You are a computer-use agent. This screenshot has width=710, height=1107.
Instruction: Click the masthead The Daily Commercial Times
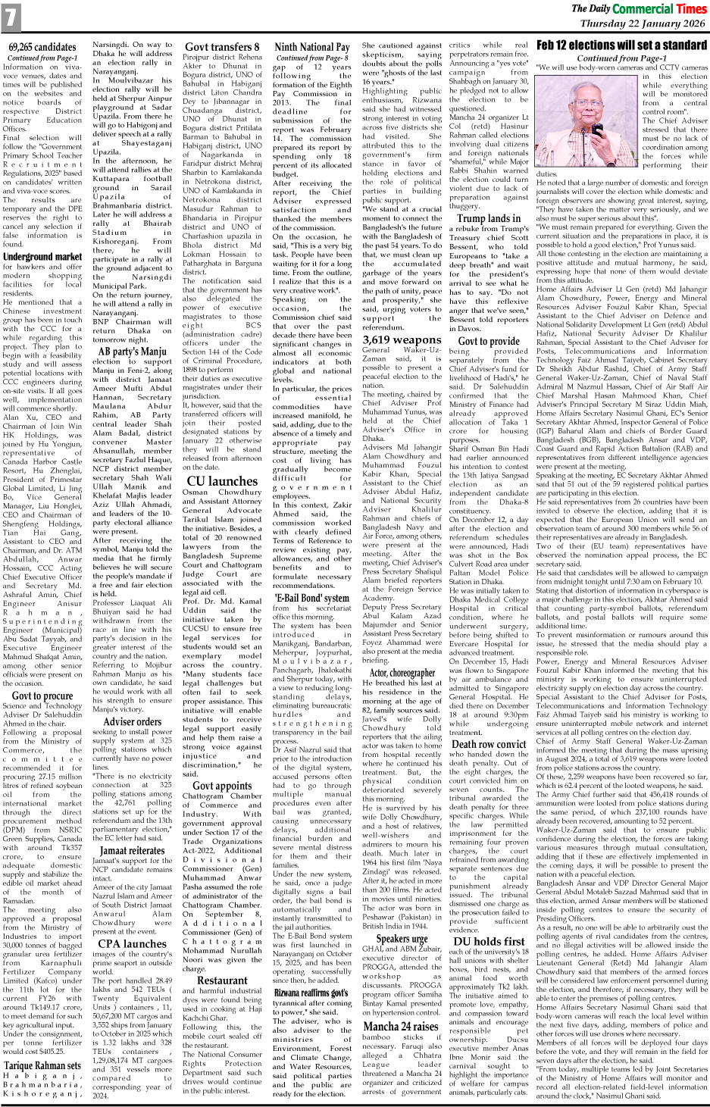[x=639, y=8]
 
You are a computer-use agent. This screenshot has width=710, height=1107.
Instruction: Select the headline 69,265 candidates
[x=42, y=47]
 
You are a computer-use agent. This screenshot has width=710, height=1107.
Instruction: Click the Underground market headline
[x=42, y=256]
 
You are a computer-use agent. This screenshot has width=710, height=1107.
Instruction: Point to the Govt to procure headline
[x=42, y=696]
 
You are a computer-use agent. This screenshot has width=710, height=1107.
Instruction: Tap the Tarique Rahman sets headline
[x=42, y=1065]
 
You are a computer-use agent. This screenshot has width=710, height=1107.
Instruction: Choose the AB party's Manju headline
[x=133, y=352]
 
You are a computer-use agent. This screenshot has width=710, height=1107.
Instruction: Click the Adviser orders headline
[x=133, y=721]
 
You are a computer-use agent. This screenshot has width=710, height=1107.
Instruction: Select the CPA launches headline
[x=133, y=943]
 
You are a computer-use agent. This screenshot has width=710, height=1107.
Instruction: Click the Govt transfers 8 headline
[x=222, y=47]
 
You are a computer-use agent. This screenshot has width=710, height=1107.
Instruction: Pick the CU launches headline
[x=222, y=480]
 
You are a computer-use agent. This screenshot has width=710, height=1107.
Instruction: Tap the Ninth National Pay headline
[x=311, y=47]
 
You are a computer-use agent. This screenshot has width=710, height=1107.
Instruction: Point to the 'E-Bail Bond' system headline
[x=311, y=596]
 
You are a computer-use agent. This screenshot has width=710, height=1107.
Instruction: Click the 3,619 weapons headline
[x=402, y=339]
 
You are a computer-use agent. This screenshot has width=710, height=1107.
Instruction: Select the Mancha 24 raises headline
[x=402, y=1026]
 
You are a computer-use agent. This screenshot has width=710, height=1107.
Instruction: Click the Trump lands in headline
[x=489, y=218]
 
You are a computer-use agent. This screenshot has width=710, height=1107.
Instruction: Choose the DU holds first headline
[x=489, y=941]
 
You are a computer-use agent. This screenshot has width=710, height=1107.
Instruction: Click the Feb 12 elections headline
[x=621, y=45]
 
